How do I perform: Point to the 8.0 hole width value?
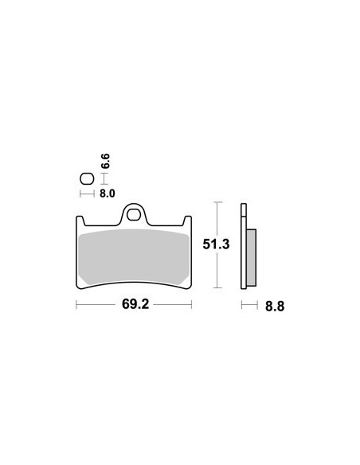(107, 193)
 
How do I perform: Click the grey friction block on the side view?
(252, 257)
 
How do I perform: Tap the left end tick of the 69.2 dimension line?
(76, 304)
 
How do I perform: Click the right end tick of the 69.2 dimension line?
(191, 304)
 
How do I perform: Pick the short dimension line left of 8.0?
(87, 193)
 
